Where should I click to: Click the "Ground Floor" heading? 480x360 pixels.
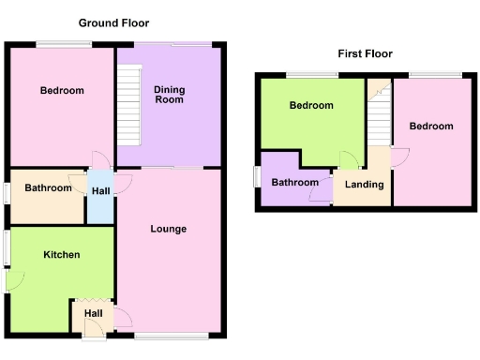pyautogui.click(x=113, y=22)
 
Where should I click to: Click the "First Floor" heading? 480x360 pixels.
pyautogui.click(x=365, y=53)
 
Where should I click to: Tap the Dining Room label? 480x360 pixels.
pyautogui.click(x=169, y=94)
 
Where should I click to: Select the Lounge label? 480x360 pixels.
pyautogui.click(x=169, y=229)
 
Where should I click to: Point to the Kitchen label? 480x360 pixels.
pyautogui.click(x=61, y=255)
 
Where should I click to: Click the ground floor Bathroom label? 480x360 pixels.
pyautogui.click(x=48, y=188)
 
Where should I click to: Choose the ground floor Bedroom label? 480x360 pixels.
pyautogui.click(x=62, y=91)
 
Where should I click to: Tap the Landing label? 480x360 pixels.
pyautogui.click(x=364, y=185)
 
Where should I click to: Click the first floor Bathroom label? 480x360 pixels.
pyautogui.click(x=294, y=183)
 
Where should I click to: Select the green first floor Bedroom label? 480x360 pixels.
pyautogui.click(x=311, y=106)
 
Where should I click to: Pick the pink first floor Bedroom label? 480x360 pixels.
pyautogui.click(x=431, y=127)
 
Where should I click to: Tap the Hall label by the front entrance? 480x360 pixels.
pyautogui.click(x=94, y=313)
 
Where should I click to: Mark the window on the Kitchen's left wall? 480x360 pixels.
pyautogui.click(x=6, y=247)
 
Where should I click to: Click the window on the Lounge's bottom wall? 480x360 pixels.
pyautogui.click(x=171, y=335)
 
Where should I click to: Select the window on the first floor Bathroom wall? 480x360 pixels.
pyautogui.click(x=257, y=177)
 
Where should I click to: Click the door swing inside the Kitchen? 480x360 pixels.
pyautogui.click(x=15, y=279)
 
